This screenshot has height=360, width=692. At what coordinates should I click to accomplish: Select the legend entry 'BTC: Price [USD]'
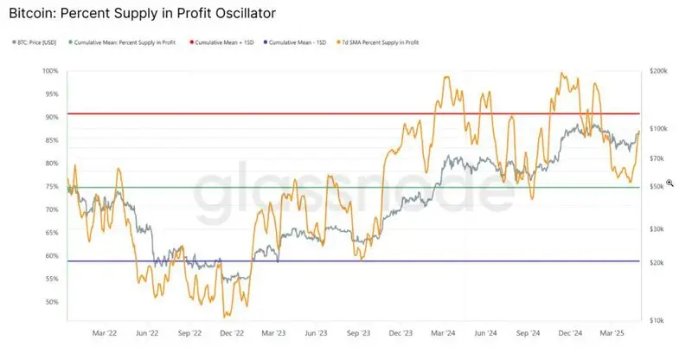click(x=37, y=42)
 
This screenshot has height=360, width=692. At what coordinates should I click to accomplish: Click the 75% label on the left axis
click(x=51, y=186)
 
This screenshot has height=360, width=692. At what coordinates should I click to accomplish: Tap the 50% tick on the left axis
click(x=51, y=302)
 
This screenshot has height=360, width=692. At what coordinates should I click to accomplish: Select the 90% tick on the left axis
click(x=51, y=117)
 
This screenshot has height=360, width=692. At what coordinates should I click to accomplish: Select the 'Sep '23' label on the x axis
click(x=359, y=332)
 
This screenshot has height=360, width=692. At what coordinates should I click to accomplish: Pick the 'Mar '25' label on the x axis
click(x=612, y=332)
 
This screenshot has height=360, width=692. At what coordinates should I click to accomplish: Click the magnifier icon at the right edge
click(x=669, y=183)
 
